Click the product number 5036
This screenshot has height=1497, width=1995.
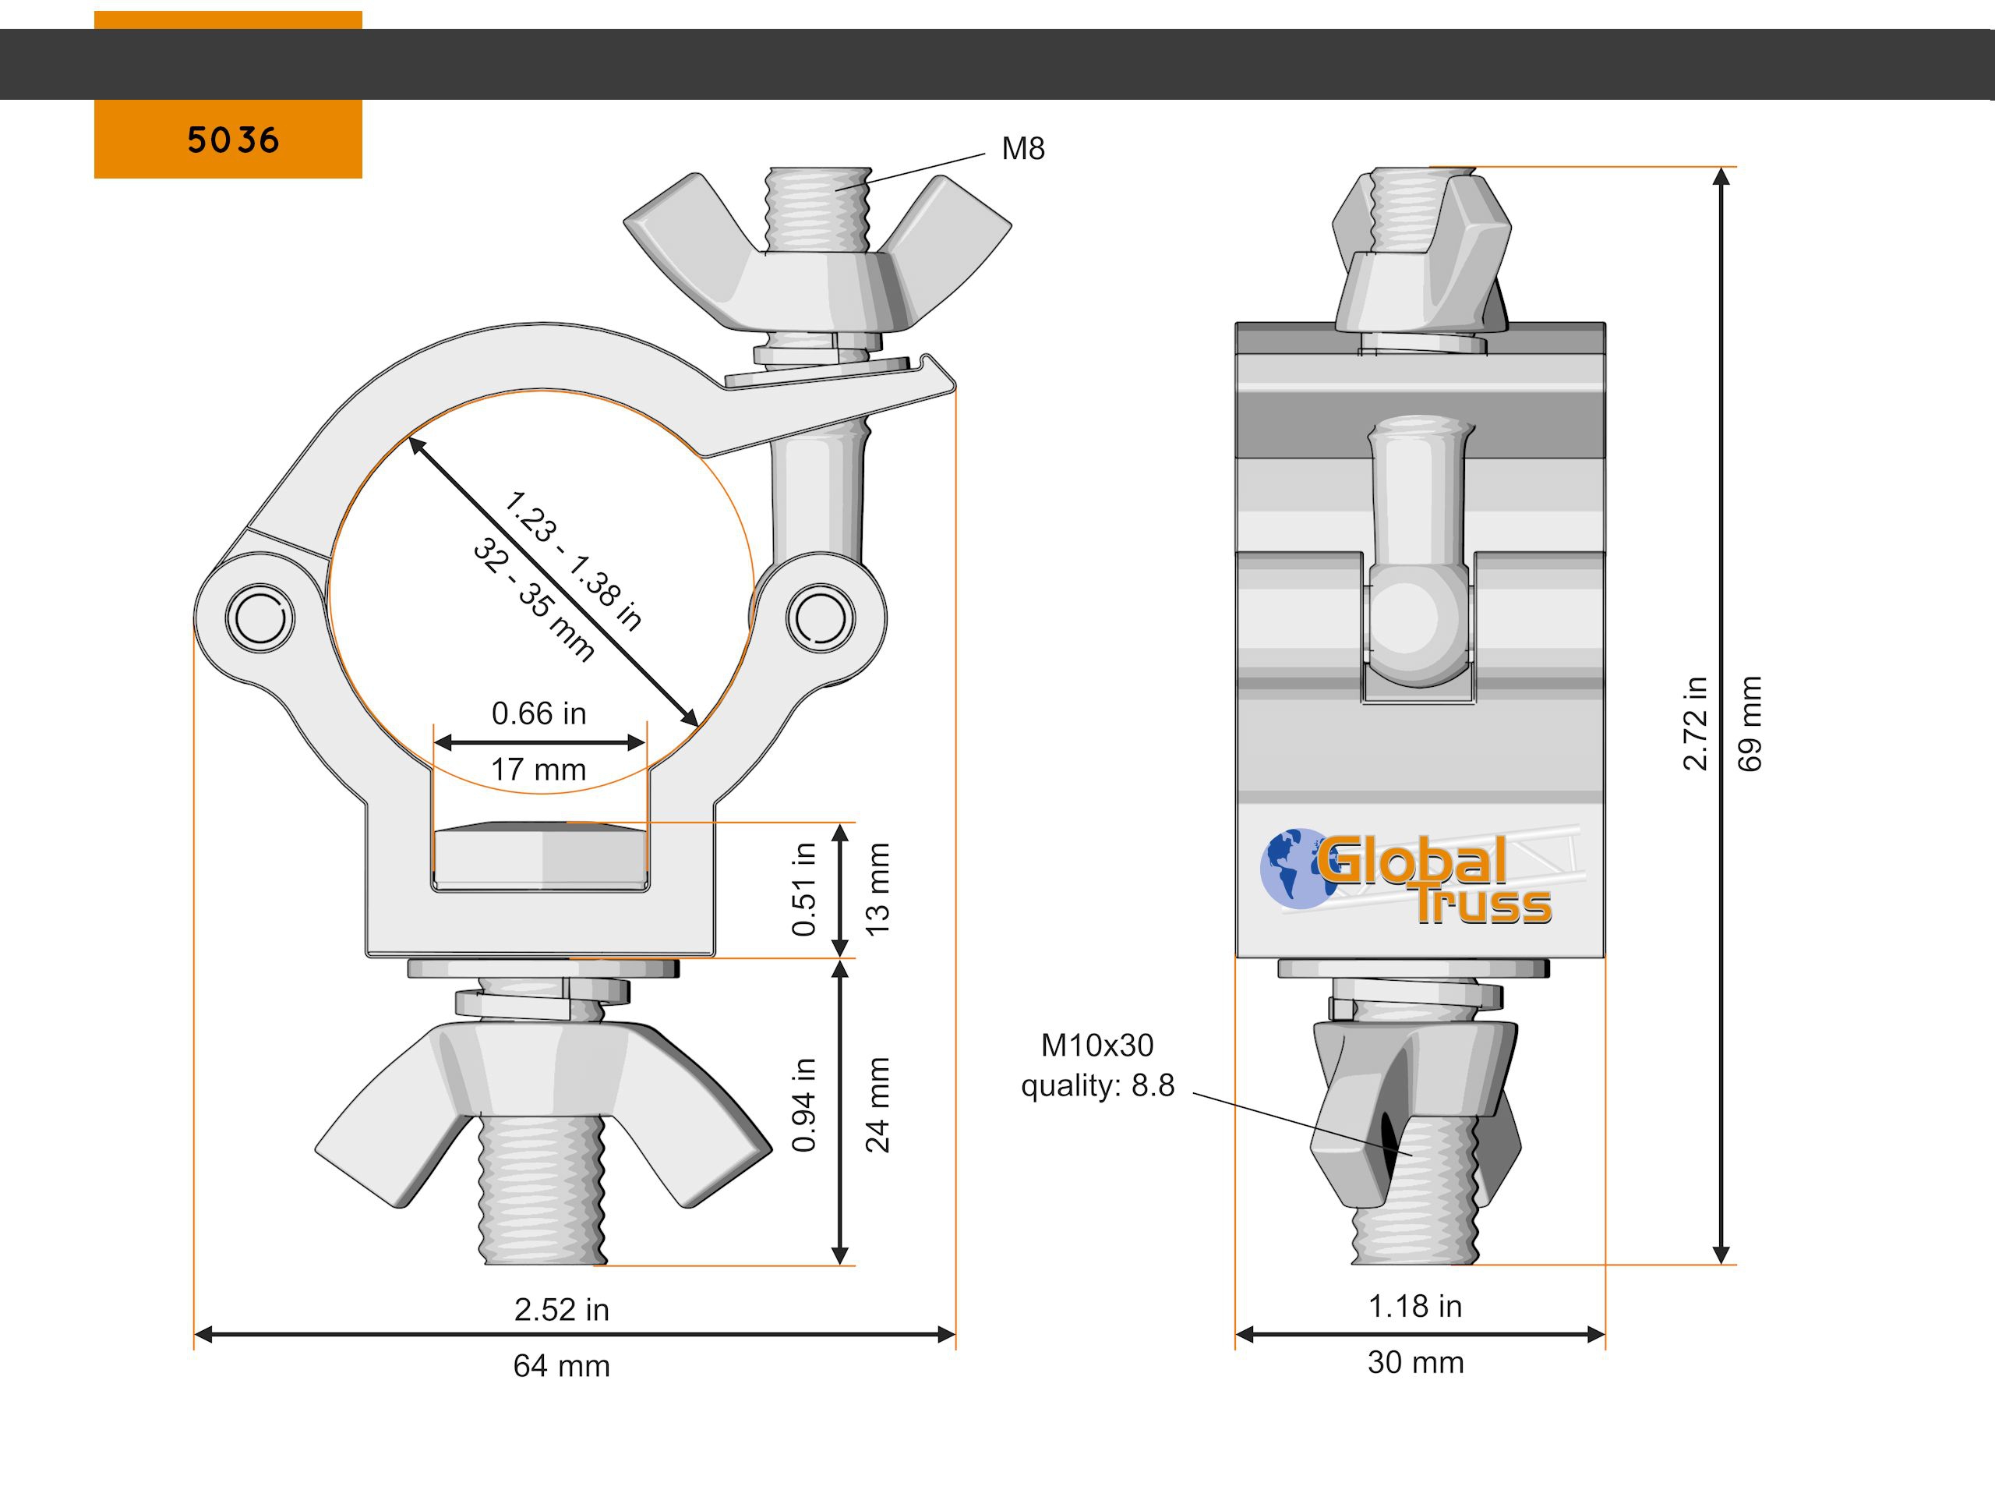pyautogui.click(x=233, y=140)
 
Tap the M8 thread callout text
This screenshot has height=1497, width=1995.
pyautogui.click(x=1022, y=149)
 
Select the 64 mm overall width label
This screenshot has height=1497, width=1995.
pyautogui.click(x=561, y=1366)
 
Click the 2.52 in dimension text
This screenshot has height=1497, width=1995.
pyautogui.click(x=561, y=1309)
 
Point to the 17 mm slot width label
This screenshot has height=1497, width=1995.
pyautogui.click(x=538, y=770)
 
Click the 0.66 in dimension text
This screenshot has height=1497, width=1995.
pyautogui.click(x=538, y=713)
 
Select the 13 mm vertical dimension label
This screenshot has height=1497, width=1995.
pyautogui.click(x=877, y=889)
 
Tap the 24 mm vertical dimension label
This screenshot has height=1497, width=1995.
pyautogui.click(x=877, y=1105)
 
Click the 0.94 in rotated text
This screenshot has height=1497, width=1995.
pyautogui.click(x=803, y=1105)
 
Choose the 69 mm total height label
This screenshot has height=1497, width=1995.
pyautogui.click(x=1750, y=723)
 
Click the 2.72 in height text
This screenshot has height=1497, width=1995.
pyautogui.click(x=1696, y=723)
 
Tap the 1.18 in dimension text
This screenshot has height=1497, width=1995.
pyautogui.click(x=1415, y=1306)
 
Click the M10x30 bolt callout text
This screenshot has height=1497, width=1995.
pyautogui.click(x=1096, y=1045)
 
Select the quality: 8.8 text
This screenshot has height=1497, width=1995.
pyautogui.click(x=1096, y=1085)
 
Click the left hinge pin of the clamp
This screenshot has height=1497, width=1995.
pyautogui.click(x=260, y=618)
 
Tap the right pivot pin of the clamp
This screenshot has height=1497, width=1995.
pyautogui.click(x=821, y=618)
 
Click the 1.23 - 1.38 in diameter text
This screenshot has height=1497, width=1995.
pyautogui.click(x=574, y=561)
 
